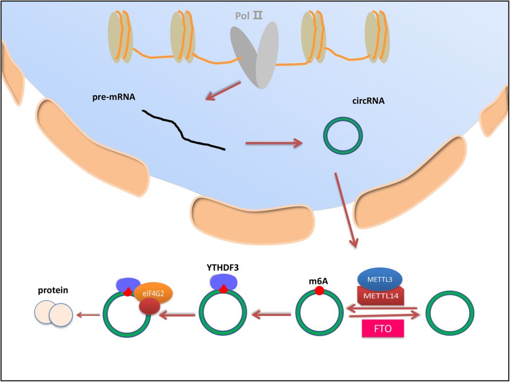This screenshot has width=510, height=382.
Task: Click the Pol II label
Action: tap(249, 16)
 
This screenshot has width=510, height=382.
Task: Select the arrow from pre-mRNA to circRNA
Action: tap(274, 143)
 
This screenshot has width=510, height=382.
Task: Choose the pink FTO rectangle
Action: tap(382, 328)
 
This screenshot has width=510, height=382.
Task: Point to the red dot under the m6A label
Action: tap(319, 291)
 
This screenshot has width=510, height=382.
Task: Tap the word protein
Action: tap(53, 290)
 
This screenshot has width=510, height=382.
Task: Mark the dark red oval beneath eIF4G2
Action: tap(149, 307)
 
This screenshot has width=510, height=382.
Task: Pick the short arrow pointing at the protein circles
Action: tap(88, 315)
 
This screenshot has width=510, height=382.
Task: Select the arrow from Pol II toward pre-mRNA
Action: tap(223, 91)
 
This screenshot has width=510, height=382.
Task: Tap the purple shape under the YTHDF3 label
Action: tap(223, 283)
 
